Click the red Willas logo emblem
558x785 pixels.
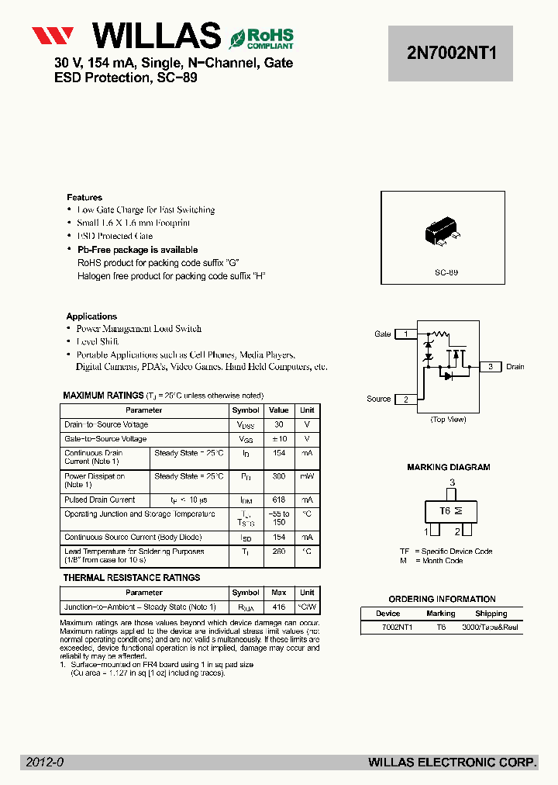[53, 36]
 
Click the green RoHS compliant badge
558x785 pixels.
[260, 37]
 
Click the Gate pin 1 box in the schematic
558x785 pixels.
[405, 334]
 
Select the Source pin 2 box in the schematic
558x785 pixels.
[405, 399]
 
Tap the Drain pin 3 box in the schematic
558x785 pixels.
[490, 367]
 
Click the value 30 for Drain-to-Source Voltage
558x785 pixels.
[278, 425]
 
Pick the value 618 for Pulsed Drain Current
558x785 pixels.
[278, 500]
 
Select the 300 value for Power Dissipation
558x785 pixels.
[278, 476]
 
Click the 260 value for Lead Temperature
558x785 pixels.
[278, 552]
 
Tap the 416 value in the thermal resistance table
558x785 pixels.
[278, 607]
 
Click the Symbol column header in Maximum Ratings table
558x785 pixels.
[246, 410]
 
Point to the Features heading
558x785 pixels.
[84, 198]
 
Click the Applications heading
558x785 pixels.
[91, 316]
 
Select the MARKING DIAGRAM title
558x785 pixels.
[449, 468]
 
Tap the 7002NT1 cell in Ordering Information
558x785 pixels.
[397, 627]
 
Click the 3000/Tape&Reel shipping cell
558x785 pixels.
[490, 627]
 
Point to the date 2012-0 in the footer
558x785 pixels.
[45, 763]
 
